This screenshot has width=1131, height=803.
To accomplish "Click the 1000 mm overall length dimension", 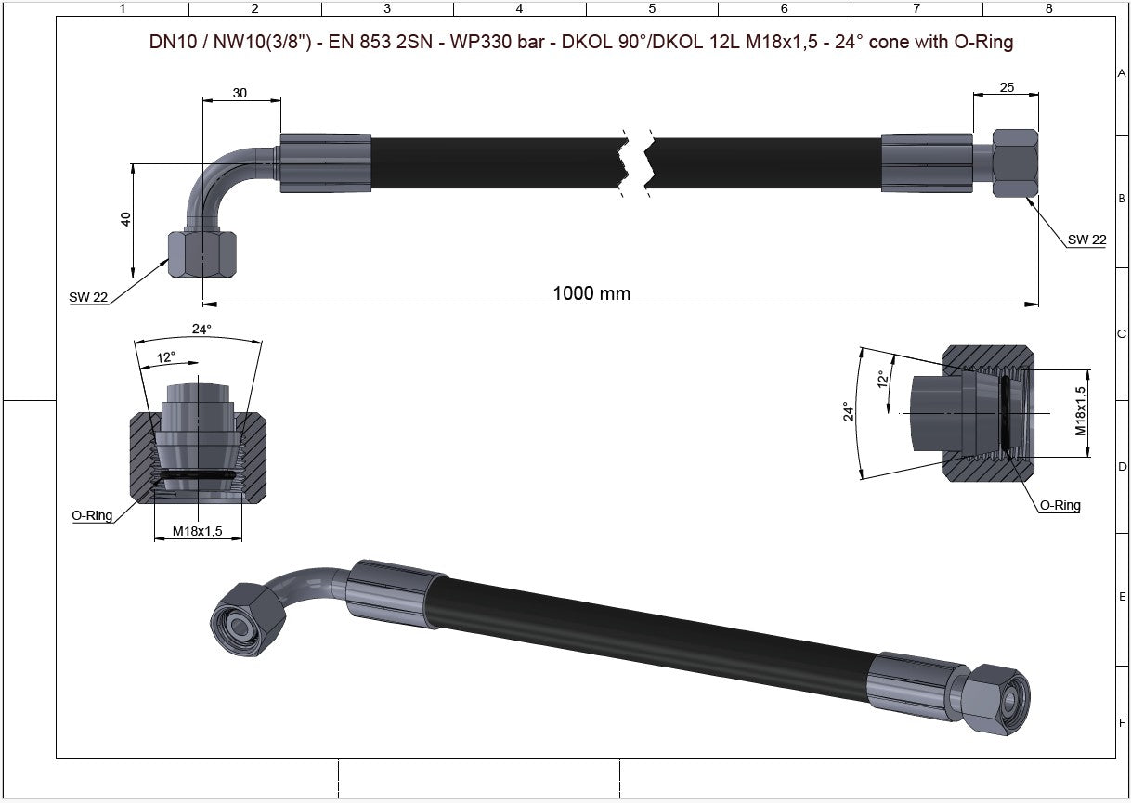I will [591, 293].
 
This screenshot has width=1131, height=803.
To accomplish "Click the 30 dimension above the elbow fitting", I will [240, 93].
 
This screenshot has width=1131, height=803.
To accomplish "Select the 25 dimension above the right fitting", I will [1006, 87].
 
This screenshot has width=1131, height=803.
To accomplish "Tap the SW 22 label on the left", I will [88, 297].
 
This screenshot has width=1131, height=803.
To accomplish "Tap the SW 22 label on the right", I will [1086, 240].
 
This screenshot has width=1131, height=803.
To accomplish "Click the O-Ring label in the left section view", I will [92, 515].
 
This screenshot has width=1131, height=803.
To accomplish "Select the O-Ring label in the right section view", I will [1059, 506].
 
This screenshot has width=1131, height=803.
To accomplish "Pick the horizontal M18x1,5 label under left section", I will [198, 531].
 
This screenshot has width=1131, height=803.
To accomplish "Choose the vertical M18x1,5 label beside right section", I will [1081, 411].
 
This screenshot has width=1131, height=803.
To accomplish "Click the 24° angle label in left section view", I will [201, 329].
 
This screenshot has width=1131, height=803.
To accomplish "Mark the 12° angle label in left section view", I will [166, 356].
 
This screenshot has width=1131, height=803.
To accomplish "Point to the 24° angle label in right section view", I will [847, 411].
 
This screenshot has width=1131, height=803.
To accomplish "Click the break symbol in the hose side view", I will [636, 162].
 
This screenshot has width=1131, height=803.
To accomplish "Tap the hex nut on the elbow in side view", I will [202, 253].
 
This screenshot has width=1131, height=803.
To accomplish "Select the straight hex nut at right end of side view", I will [1015, 163].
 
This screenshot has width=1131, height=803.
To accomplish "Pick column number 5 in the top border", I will [652, 8].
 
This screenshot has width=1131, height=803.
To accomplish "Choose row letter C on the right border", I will [1122, 334].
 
